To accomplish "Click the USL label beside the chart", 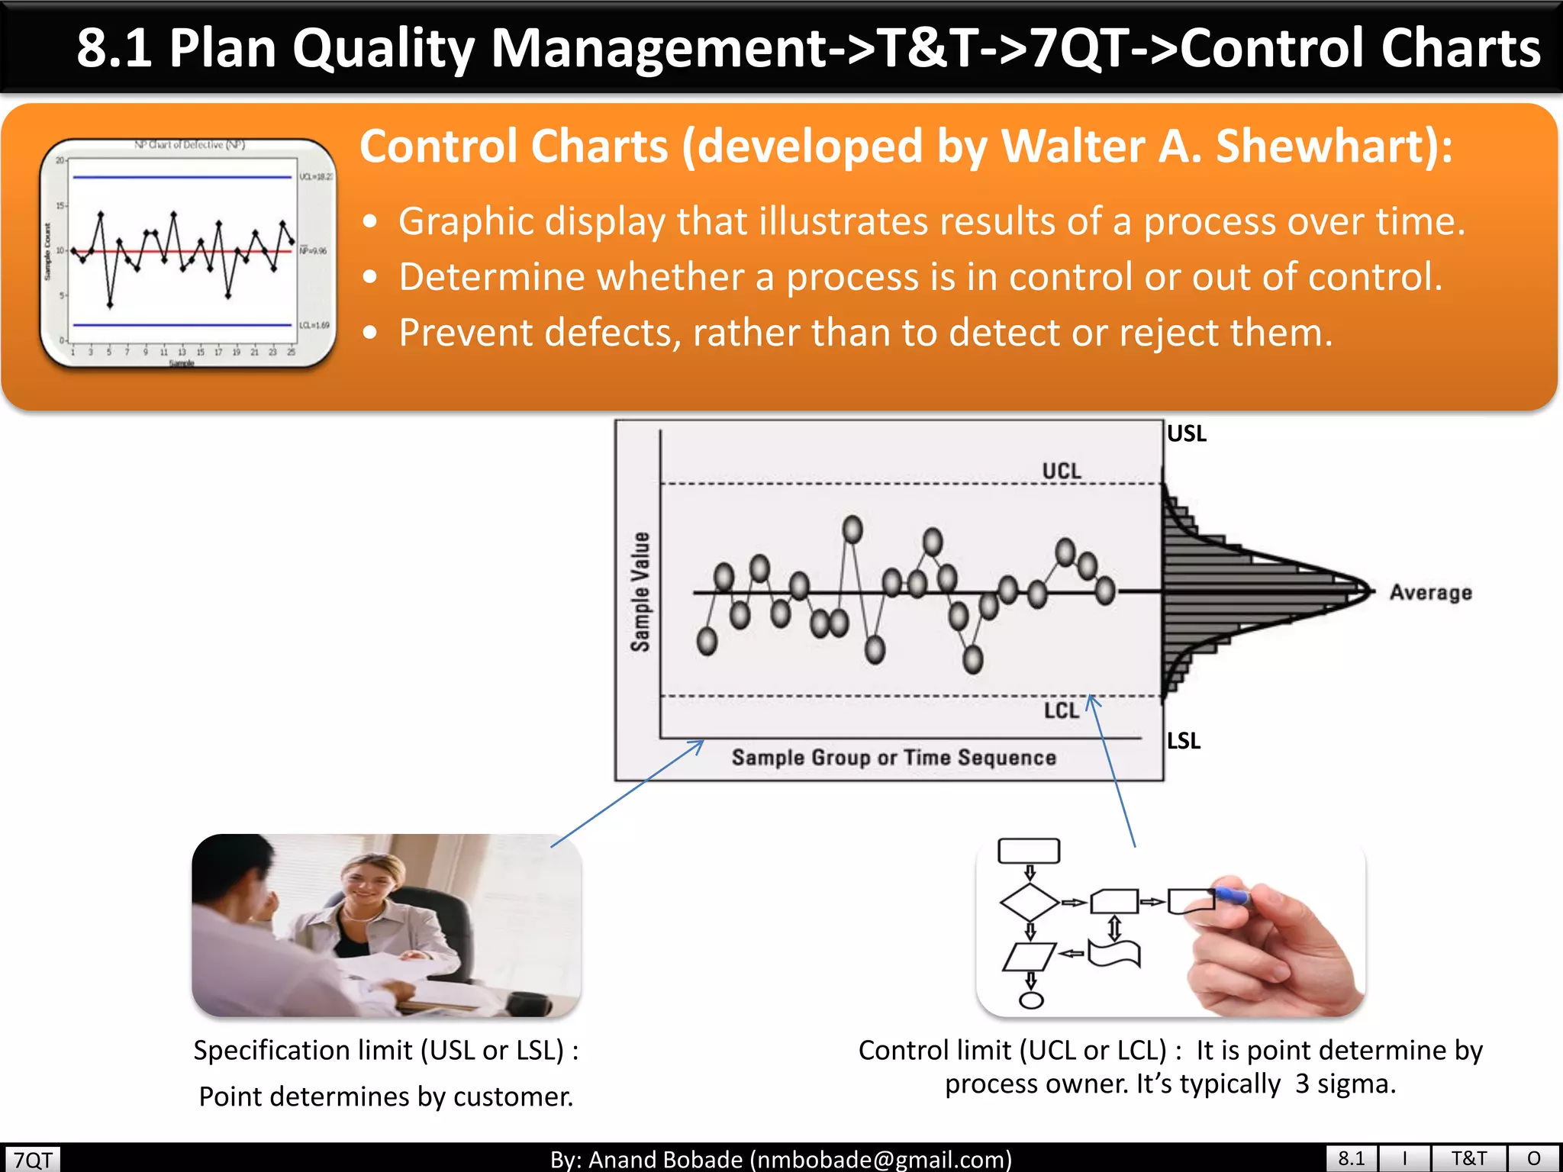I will [x=1187, y=433].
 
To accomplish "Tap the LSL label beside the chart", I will [x=1184, y=740].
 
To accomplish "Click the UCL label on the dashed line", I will [x=1062, y=471].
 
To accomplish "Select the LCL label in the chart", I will [x=1062, y=710].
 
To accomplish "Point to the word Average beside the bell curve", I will [x=1430, y=592].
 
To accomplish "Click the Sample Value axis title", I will [x=640, y=592].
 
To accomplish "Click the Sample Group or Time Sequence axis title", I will [x=894, y=758].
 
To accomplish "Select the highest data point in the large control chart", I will [x=852, y=529].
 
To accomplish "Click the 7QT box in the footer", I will [x=33, y=1159].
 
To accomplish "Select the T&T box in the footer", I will [x=1468, y=1158].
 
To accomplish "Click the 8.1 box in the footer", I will [x=1351, y=1158].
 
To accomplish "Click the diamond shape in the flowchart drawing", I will [x=1029, y=903].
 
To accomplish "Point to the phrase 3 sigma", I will [x=1345, y=1083].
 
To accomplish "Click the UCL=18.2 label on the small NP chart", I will [x=316, y=176].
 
